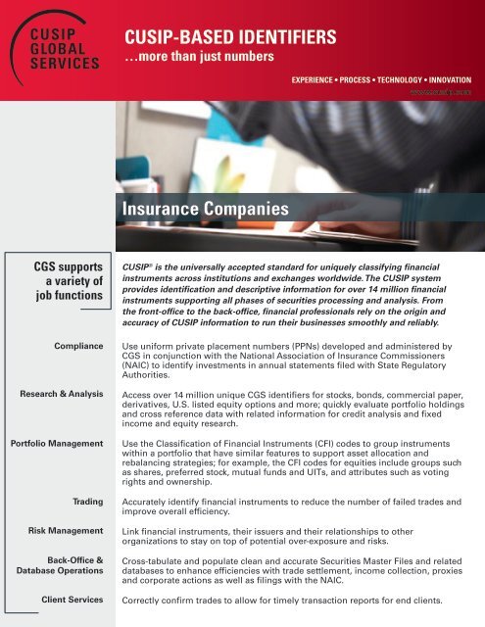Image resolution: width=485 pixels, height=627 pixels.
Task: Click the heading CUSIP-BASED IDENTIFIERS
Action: point(230,38)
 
